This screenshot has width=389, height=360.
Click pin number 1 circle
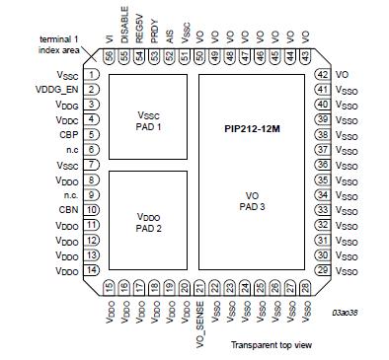click(91, 74)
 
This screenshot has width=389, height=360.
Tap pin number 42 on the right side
click(322, 74)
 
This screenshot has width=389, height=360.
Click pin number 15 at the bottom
click(109, 287)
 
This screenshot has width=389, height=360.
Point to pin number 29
click(322, 269)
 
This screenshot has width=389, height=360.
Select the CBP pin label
click(69, 133)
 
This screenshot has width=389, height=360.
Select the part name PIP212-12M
click(251, 128)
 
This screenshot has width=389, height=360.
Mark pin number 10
click(91, 209)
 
